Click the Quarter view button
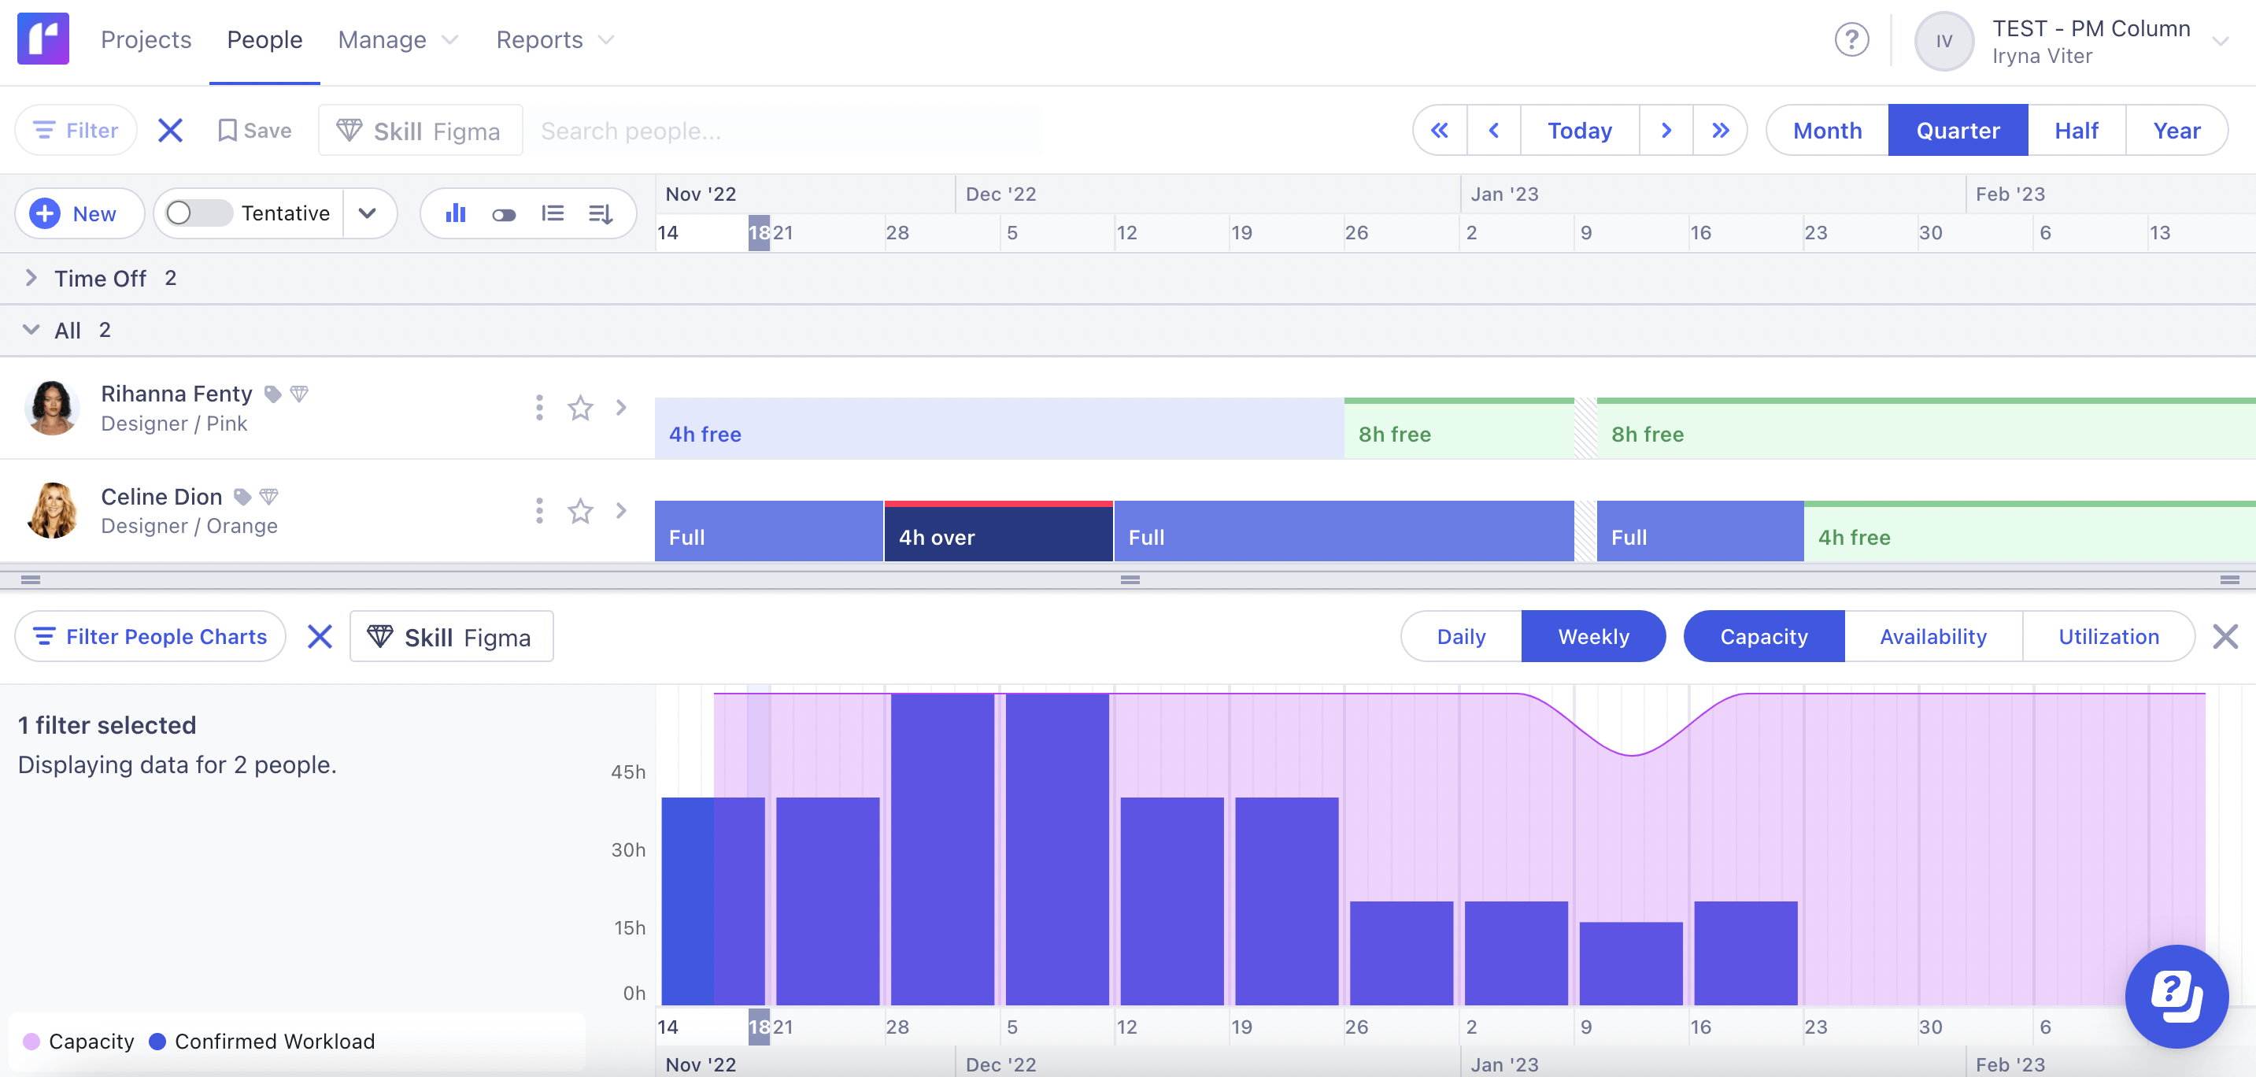click(1958, 131)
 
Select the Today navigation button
click(1579, 131)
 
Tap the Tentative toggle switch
click(198, 213)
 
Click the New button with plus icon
click(78, 213)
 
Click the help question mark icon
click(1851, 40)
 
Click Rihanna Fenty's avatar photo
click(52, 408)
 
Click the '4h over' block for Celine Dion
click(997, 532)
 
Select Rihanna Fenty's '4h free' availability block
click(998, 429)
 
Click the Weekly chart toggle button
click(1593, 637)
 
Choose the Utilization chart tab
click(2108, 637)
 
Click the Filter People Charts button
click(150, 637)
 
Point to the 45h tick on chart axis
click(628, 772)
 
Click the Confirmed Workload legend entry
click(263, 1041)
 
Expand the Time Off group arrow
click(31, 279)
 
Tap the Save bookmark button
click(255, 131)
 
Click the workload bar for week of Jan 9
click(1631, 962)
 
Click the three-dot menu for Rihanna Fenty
click(538, 408)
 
